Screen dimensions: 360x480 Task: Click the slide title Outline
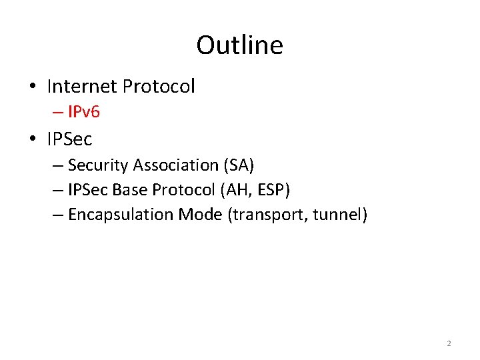239,45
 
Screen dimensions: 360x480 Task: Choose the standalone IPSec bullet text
69,139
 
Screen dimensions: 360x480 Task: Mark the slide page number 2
449,344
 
